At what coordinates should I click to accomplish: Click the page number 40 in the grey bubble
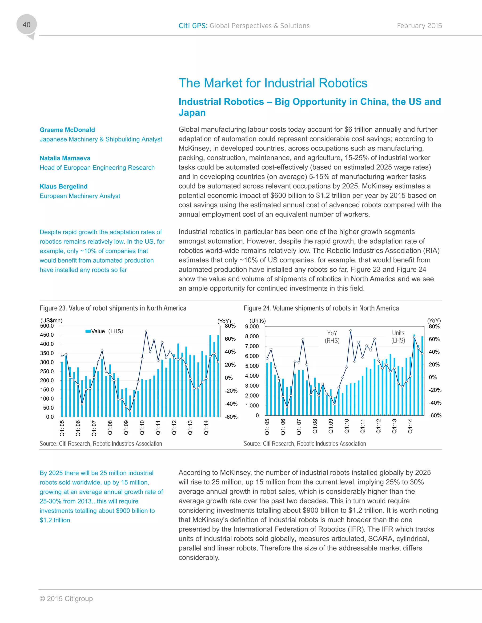click(26, 25)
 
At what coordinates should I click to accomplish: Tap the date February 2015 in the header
click(419, 26)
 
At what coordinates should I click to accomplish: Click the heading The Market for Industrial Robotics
click(273, 83)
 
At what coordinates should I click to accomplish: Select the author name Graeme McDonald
click(67, 130)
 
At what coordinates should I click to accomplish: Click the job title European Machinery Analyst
click(80, 196)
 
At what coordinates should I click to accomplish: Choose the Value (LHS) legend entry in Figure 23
click(104, 331)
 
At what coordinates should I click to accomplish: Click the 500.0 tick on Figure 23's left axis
click(47, 326)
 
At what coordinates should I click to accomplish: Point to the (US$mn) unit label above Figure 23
click(51, 320)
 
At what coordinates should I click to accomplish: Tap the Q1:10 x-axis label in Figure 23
click(142, 427)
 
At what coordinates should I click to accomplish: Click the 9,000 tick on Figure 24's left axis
click(252, 326)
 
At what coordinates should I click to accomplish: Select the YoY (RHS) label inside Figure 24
click(332, 337)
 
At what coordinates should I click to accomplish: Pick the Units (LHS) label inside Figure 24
click(398, 337)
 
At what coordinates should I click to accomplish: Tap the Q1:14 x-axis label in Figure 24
click(410, 426)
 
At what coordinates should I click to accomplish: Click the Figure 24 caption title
click(321, 308)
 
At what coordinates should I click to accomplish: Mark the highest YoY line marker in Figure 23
click(146, 331)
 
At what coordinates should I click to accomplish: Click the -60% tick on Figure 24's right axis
click(435, 415)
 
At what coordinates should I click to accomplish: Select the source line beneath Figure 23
click(101, 444)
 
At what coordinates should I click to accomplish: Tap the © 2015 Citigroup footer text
click(66, 599)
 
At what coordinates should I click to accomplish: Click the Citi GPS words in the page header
click(193, 26)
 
